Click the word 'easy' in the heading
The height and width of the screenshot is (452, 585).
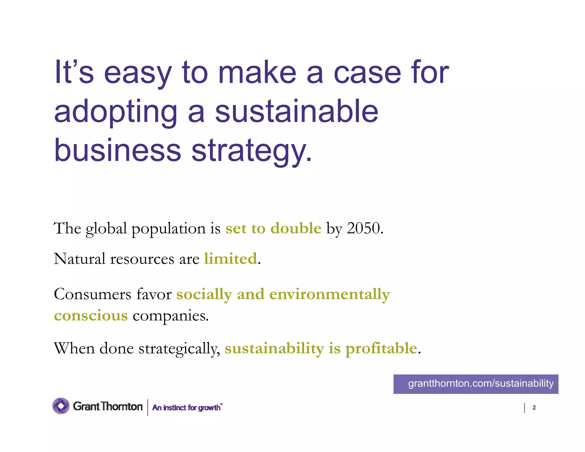pos(138,74)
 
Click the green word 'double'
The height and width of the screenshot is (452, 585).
pos(296,228)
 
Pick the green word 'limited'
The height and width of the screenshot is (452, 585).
pos(230,259)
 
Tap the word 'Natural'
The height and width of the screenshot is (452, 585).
pos(80,259)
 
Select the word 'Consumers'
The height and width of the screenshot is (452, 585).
pos(93,294)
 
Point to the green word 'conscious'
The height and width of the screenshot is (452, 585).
pos(91,316)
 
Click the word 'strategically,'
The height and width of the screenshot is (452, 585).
pos(179,349)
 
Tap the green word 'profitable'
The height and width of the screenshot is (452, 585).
pos(381,349)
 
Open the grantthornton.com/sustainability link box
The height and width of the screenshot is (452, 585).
pos(476,384)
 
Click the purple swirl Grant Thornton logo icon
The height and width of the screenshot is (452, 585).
pos(61,406)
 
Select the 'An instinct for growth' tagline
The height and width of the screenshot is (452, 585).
pos(187,407)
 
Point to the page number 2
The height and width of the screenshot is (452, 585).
pos(534,408)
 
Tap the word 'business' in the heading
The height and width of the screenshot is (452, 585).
pos(117,151)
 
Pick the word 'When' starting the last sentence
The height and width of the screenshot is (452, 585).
pos(74,348)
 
